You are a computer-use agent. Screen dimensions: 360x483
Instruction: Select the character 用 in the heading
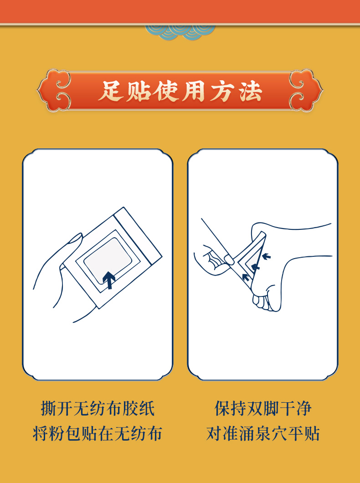click(x=193, y=91)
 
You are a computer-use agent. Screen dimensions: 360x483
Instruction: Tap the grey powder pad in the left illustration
click(x=108, y=260)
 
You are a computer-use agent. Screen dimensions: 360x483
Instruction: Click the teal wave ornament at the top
click(x=180, y=33)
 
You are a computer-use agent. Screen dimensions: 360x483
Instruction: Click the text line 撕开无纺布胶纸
click(x=98, y=409)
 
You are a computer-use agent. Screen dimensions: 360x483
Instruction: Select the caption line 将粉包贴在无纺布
click(x=98, y=434)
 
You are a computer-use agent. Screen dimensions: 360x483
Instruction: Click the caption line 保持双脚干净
click(x=263, y=409)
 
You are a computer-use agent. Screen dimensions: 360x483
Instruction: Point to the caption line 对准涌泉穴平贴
click(x=263, y=434)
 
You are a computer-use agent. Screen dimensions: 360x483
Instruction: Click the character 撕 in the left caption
click(x=49, y=409)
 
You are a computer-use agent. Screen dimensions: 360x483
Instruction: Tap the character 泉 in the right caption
click(x=263, y=434)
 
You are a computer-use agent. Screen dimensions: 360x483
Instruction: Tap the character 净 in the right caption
click(x=303, y=409)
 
